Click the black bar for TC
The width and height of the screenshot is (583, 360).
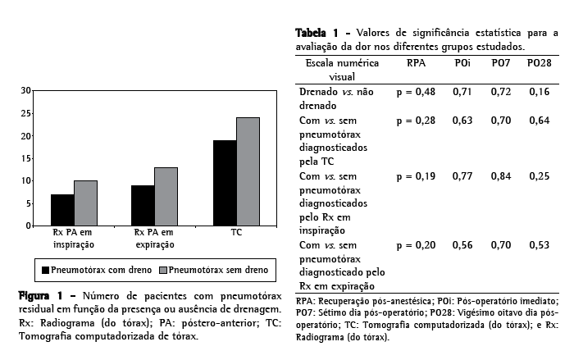[x=225, y=183]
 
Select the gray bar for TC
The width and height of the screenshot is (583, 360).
[x=248, y=171]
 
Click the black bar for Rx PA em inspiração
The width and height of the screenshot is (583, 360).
[x=62, y=210]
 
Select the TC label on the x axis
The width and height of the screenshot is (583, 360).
[x=236, y=233]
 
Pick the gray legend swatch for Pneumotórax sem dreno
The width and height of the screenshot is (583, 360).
[x=162, y=269]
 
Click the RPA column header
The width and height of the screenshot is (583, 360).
[x=416, y=63]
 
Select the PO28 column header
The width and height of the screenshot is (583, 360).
[x=540, y=63]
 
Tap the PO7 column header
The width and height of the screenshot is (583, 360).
[x=502, y=63]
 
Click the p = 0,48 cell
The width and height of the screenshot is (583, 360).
[x=416, y=92]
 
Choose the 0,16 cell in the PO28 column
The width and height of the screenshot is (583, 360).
[x=540, y=92]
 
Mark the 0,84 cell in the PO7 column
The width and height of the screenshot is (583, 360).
[x=502, y=175]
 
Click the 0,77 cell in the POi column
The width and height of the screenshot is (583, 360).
[x=463, y=175]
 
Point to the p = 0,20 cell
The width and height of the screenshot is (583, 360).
[x=416, y=245]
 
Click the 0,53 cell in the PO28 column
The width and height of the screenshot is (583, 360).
[x=540, y=245]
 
